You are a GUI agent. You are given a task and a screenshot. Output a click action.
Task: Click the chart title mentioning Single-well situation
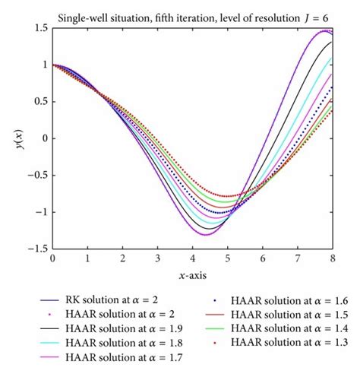point(192,10)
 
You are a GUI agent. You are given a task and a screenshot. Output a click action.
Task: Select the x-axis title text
point(191,275)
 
